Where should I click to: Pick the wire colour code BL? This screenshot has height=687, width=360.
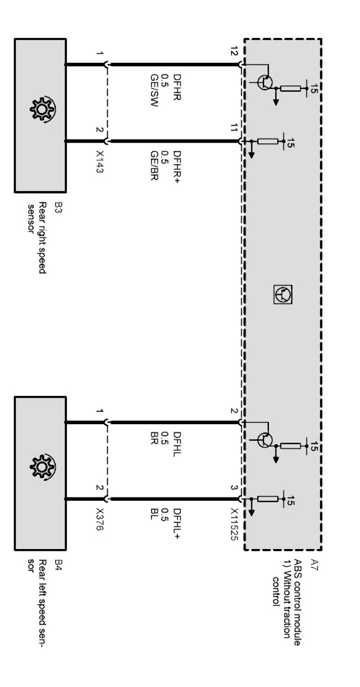[x=154, y=514]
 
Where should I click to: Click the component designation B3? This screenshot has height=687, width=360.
[x=58, y=207]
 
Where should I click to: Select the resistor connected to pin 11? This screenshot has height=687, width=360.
[x=268, y=141]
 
